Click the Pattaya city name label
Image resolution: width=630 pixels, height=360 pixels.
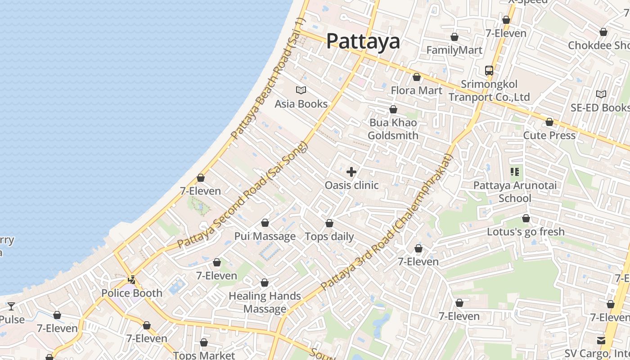363,41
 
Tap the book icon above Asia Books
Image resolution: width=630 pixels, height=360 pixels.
301,90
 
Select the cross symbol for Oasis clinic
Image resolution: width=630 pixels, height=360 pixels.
351,172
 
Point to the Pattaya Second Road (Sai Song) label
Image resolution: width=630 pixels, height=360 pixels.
243,195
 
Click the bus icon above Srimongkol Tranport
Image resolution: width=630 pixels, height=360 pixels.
489,71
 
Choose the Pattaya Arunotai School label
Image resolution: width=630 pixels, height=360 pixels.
515,192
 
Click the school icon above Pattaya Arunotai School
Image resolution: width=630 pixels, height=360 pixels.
515,171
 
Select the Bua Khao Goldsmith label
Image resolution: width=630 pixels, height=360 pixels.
393,129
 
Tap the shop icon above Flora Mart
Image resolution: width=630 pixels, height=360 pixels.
417,77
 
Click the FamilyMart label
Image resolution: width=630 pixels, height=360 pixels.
454,50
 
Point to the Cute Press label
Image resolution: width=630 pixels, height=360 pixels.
549,135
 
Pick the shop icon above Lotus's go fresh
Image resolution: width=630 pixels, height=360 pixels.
526,219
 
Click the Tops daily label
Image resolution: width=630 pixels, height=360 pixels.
329,237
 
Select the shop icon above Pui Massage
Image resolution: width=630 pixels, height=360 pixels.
265,223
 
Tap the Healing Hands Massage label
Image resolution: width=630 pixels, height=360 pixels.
265,302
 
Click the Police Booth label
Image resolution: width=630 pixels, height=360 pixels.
131,293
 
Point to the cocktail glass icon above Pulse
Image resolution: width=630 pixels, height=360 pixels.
11,306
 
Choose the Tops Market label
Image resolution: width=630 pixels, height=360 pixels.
204,355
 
